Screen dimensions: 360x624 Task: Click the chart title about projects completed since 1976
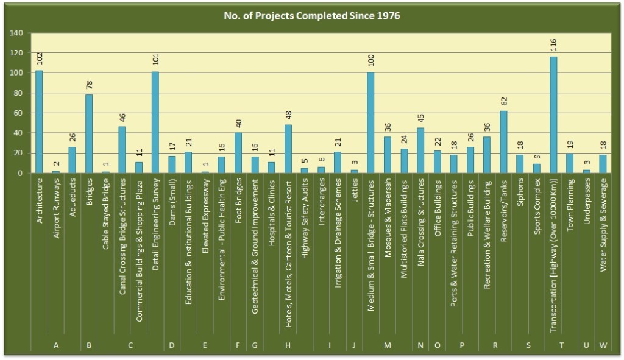(311, 15)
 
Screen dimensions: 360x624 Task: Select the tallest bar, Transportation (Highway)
(553, 116)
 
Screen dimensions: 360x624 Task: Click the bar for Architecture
(39, 122)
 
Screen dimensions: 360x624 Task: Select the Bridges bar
(89, 134)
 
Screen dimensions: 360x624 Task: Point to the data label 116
(553, 46)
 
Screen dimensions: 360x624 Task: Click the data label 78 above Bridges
(89, 84)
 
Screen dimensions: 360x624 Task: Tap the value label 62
(503, 100)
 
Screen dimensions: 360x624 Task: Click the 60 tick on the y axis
(19, 113)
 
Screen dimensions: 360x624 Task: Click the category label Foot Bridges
(238, 205)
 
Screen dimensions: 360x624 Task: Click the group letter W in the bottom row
(603, 345)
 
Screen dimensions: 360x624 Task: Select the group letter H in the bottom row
(288, 345)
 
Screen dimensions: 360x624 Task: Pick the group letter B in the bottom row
(89, 345)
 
